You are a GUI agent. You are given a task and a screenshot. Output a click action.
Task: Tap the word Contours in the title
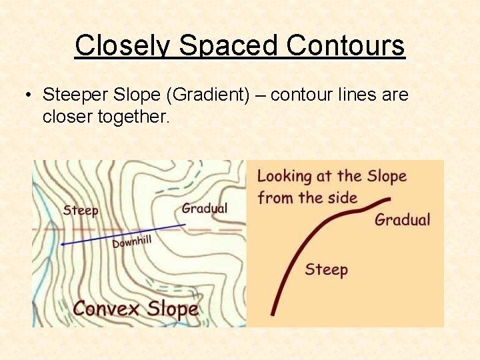[x=345, y=46]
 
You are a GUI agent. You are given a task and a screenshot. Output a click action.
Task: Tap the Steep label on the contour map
[x=81, y=211]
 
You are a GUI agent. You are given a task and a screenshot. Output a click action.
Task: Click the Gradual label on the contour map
[x=204, y=208]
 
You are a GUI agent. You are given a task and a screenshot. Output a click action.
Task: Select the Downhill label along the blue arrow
[x=132, y=241]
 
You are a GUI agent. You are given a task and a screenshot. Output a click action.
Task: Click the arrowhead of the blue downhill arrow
[x=61, y=244]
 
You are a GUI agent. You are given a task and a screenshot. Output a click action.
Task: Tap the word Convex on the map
[x=106, y=309]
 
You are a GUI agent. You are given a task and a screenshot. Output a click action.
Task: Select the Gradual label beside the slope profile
[x=402, y=219]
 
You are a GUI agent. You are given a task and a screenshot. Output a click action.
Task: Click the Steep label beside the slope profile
[x=326, y=269]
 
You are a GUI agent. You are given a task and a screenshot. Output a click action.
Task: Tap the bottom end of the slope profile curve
[x=272, y=314]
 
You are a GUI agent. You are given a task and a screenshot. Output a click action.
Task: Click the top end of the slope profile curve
[x=389, y=199]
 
